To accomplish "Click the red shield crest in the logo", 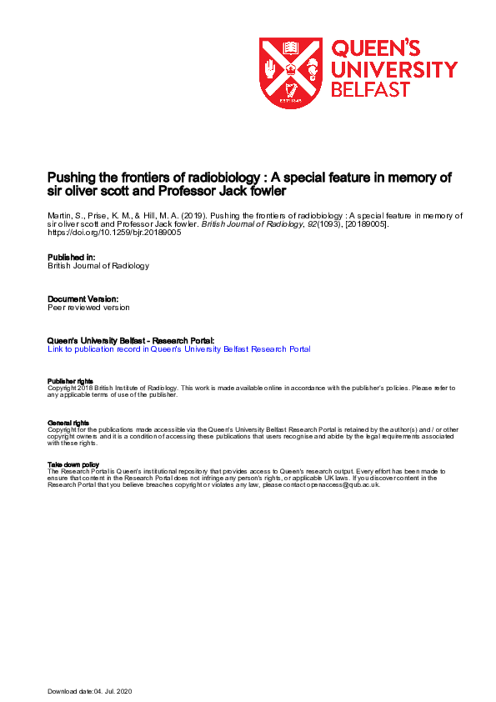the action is [291, 73].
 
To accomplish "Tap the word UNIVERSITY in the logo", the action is [394, 69].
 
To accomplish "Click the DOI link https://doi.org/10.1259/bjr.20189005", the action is [114, 233].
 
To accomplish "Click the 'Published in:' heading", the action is [73, 258].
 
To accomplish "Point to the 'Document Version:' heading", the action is [83, 298].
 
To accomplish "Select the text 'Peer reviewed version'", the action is [89, 308].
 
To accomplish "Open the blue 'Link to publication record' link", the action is [179, 349].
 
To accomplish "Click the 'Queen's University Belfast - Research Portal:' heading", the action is [132, 341].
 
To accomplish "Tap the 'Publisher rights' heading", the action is [68, 381].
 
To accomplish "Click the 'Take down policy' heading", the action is [73, 464].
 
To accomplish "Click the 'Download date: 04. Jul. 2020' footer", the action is [89, 692].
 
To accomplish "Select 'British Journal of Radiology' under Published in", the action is [98, 267].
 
